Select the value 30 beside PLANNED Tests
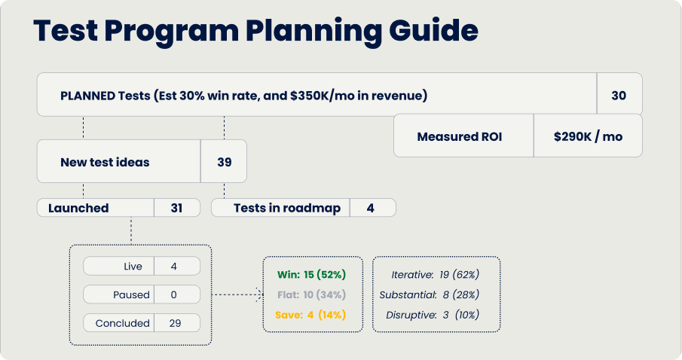point(619,95)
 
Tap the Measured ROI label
point(460,136)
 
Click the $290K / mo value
point(588,136)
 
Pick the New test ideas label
point(105,161)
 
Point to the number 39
point(224,161)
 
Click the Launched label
point(78,208)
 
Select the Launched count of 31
point(177,208)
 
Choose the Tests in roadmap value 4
point(371,208)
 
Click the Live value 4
point(174,267)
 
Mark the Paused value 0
point(174,294)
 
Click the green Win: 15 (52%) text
point(310,274)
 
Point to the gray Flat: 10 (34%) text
point(310,294)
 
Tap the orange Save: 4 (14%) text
point(310,315)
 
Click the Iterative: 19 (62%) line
point(435,274)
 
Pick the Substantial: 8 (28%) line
point(429,294)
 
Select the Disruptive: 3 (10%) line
point(432,315)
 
